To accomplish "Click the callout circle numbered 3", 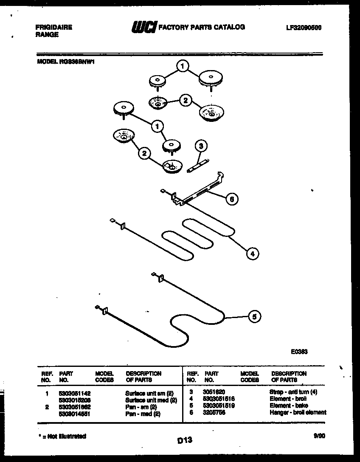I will (x=201, y=146).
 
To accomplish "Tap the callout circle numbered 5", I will (x=254, y=316).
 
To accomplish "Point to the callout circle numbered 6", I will (x=231, y=198).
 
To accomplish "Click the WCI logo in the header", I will (x=144, y=27).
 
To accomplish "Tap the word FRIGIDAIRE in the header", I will (x=53, y=27).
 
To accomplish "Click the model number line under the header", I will (x=65, y=61).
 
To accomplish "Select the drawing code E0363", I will (x=299, y=352).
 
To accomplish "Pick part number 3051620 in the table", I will (x=214, y=392).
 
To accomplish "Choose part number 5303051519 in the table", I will (x=219, y=406).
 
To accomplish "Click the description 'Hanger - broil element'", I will (x=298, y=412).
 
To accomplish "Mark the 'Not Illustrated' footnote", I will (x=62, y=436).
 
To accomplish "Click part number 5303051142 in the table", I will (x=74, y=393).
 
